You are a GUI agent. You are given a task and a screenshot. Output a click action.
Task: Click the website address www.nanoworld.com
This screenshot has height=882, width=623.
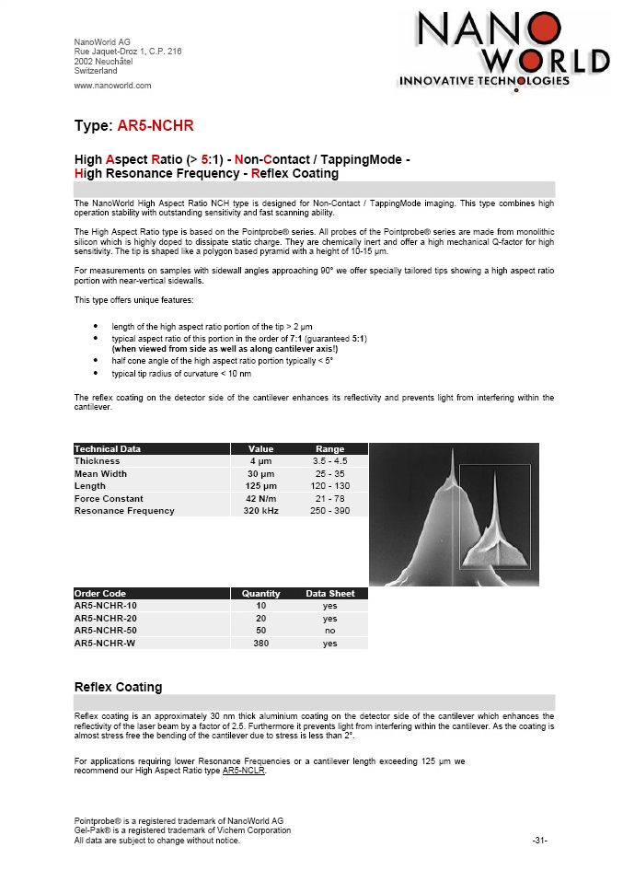point(112,86)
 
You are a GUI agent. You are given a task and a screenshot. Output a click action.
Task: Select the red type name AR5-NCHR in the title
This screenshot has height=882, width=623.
point(156,125)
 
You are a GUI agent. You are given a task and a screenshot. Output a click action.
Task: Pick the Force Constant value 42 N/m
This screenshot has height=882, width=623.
point(259,498)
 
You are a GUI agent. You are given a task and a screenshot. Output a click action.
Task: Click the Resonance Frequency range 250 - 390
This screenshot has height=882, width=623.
point(329,511)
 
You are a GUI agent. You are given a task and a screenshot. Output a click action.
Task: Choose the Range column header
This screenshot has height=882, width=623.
point(329,449)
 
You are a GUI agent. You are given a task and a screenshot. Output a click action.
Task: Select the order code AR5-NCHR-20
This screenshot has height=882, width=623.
point(105,619)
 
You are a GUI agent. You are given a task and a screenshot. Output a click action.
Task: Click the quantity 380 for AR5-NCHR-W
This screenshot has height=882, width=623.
point(260,644)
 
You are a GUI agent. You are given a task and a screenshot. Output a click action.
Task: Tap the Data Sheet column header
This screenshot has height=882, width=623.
point(329,594)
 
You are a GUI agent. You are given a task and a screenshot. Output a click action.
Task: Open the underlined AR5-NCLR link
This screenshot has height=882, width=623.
point(243,771)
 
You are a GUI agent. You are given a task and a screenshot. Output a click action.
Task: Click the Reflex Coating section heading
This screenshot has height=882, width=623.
point(118,687)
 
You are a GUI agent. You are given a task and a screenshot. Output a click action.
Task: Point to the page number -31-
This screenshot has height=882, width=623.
point(540,841)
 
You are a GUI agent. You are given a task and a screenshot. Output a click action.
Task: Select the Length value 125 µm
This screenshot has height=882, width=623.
point(259,486)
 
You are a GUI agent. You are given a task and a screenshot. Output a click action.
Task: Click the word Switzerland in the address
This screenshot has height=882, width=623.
point(96,70)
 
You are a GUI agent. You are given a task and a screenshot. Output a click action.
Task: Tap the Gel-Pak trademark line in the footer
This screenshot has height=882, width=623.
point(182,830)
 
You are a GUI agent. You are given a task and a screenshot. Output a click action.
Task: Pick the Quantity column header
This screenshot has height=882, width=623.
point(260,594)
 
